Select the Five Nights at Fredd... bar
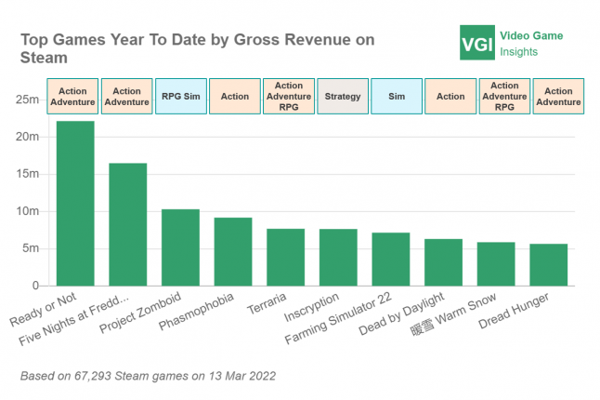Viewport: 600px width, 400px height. pos(127,224)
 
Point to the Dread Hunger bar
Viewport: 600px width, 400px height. pos(549,264)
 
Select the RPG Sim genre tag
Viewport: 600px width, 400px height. pos(180,96)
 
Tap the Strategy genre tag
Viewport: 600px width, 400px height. pos(343,96)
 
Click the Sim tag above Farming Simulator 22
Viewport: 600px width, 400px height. pos(396,96)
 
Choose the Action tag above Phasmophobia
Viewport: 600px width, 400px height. pos(235,96)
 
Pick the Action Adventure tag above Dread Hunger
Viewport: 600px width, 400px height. pos(558,96)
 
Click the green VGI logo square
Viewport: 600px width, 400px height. pos(476,43)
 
